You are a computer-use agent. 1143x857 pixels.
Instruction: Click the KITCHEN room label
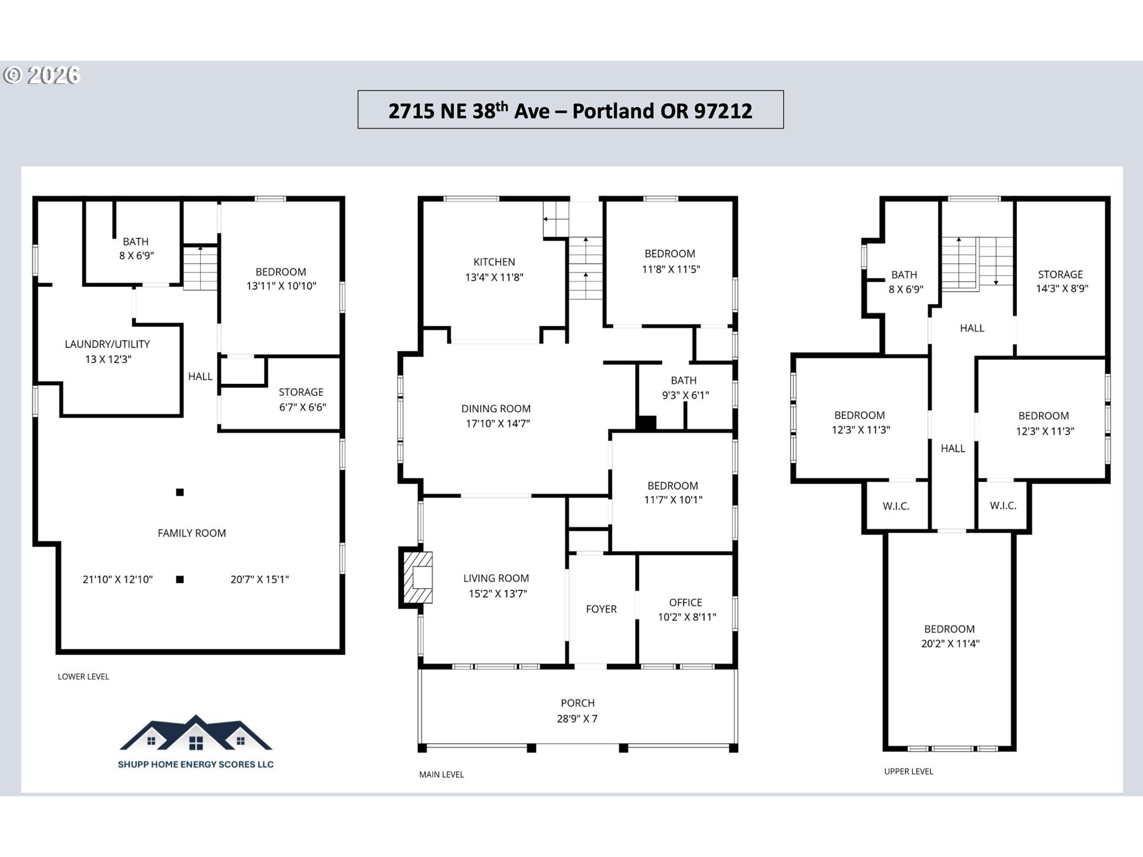[494, 262]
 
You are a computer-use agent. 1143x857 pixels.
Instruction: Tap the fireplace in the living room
[416, 577]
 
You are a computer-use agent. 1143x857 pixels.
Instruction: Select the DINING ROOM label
[496, 409]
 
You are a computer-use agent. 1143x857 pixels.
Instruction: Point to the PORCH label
[577, 703]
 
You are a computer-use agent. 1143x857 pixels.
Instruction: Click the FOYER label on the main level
[601, 609]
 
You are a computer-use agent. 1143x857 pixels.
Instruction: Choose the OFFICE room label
[686, 603]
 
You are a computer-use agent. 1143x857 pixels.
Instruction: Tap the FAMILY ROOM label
[192, 533]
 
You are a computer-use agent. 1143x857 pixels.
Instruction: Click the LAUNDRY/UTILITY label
[107, 344]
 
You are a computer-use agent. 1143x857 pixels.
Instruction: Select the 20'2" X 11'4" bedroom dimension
[950, 643]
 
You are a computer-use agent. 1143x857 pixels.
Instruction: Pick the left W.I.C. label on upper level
[896, 506]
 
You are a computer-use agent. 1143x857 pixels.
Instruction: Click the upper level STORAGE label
[1060, 274]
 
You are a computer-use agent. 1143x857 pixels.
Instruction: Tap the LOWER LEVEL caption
[83, 677]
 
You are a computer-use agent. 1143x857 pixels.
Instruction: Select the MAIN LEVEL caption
[441, 774]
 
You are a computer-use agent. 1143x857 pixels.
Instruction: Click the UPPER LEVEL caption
[908, 771]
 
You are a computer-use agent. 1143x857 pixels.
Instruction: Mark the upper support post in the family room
[180, 492]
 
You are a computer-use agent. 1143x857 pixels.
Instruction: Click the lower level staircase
[200, 268]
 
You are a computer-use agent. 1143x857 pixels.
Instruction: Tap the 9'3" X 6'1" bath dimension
[685, 395]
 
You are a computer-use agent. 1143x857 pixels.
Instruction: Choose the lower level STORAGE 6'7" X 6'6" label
[302, 399]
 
